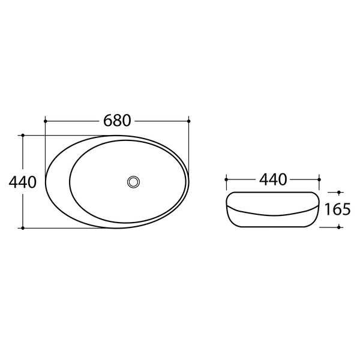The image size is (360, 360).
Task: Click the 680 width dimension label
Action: (117, 121)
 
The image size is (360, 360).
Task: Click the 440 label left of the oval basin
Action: (23, 182)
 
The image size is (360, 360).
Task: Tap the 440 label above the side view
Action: (273, 179)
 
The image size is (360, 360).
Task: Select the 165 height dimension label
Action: (337, 209)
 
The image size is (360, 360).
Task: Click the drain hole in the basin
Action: (133, 182)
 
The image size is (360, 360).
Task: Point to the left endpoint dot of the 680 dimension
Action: (45, 121)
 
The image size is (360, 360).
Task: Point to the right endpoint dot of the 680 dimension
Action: (189, 121)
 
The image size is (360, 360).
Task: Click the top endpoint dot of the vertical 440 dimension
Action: (23, 136)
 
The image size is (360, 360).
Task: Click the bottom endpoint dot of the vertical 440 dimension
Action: (23, 228)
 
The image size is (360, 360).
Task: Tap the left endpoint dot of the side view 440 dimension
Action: (226, 179)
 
